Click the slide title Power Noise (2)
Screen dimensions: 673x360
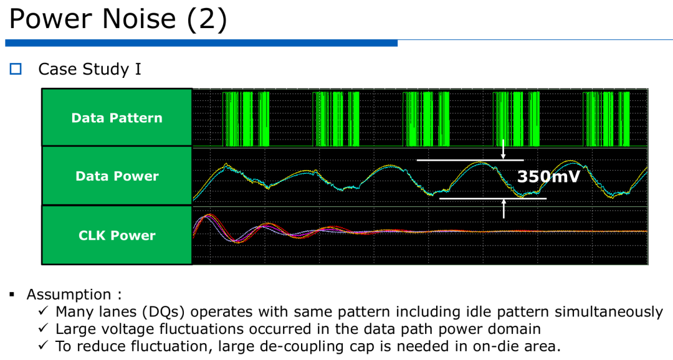pos(118,19)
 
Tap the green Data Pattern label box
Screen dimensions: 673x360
pos(117,118)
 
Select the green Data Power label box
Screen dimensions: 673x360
pos(117,176)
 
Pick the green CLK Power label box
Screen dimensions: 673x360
pos(117,235)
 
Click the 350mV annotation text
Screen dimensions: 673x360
pos(548,176)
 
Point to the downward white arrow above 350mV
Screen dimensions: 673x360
pos(504,149)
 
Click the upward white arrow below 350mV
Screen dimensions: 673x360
pos(504,209)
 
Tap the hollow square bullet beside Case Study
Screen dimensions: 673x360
pos(16,69)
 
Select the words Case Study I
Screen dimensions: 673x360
pos(90,69)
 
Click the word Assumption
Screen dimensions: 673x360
pos(69,295)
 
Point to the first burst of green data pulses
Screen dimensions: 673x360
pos(246,119)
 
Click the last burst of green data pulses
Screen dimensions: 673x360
pos(606,119)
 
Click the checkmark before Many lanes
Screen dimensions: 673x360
pos(44,310)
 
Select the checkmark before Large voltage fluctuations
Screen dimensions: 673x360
pos(44,328)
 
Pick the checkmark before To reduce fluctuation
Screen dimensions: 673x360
pos(44,345)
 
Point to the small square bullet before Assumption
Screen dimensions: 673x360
pos(12,295)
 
